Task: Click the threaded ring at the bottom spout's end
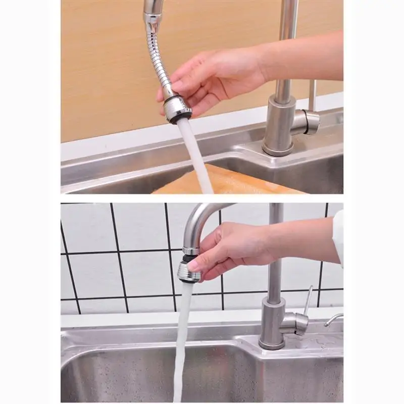(x=191, y=250)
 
